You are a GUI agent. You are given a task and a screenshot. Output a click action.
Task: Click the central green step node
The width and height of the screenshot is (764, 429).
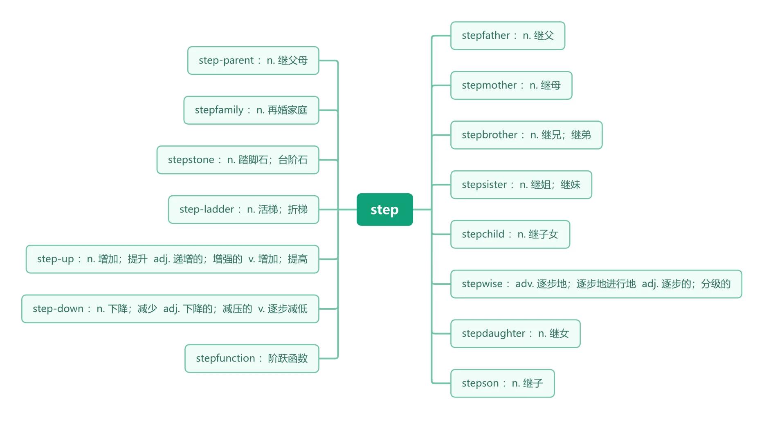(x=384, y=210)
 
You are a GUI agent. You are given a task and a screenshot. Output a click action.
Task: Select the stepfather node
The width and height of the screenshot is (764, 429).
(x=508, y=36)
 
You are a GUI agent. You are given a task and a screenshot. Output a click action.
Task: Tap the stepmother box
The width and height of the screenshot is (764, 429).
(x=511, y=85)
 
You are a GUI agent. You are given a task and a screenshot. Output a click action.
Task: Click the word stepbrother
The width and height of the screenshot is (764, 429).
(x=490, y=135)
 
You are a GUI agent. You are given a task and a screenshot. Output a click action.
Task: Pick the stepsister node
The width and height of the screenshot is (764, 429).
(x=521, y=185)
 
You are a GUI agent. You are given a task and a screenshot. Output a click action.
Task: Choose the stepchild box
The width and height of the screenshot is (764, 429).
(x=510, y=235)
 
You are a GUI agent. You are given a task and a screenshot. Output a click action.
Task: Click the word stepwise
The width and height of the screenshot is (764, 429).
(x=482, y=284)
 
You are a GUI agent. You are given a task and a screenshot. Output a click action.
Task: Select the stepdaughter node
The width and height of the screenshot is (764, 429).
(x=515, y=334)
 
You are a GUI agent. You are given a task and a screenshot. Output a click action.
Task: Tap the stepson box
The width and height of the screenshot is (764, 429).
(x=502, y=383)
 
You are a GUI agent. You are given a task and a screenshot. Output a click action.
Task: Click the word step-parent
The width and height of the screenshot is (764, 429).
(x=226, y=60)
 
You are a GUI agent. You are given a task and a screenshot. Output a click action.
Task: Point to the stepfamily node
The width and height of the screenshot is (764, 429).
(x=251, y=110)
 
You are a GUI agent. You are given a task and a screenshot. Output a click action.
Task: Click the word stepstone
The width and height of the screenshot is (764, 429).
(x=191, y=160)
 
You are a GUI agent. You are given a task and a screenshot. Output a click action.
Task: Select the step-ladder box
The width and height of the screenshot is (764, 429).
(x=243, y=210)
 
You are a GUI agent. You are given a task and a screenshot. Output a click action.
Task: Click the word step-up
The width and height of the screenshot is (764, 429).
(x=55, y=259)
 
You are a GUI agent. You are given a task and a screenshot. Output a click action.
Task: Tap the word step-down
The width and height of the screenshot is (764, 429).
(x=58, y=309)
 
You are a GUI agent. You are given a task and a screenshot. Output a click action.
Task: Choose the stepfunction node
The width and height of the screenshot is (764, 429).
(x=252, y=358)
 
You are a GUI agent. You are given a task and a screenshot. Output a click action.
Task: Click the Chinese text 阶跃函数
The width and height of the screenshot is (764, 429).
(x=288, y=358)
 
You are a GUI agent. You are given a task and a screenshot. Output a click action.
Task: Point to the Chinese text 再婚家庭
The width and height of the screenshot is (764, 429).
(x=287, y=110)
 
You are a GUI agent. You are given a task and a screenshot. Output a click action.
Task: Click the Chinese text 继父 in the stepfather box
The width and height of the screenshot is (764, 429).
(x=544, y=36)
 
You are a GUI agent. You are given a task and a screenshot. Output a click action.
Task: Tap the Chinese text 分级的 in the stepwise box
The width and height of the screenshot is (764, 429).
(x=715, y=284)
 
